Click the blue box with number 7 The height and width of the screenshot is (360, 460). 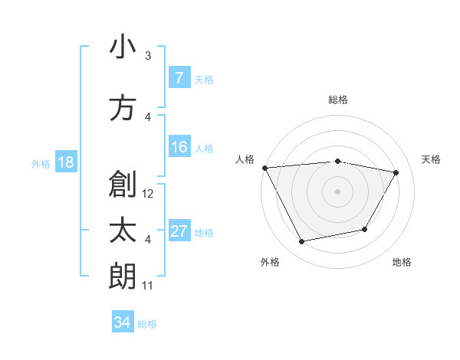tap(179, 78)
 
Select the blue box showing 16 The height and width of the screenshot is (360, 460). tap(179, 148)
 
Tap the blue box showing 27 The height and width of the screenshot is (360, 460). tap(179, 232)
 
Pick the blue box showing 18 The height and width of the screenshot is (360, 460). tap(65, 162)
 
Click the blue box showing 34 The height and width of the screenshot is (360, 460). tap(122, 322)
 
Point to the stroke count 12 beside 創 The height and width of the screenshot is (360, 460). tap(149, 194)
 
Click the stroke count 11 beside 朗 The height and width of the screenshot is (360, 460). tap(148, 286)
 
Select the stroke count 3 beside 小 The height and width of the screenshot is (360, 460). tap(148, 56)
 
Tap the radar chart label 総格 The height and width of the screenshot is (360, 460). tap(338, 100)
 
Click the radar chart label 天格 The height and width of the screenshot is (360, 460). tap(432, 159)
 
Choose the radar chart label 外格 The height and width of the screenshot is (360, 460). tap(270, 262)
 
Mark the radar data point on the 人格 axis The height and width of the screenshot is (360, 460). tap(264, 168)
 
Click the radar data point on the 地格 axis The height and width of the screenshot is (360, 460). tap(365, 229)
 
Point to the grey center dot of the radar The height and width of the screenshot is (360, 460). tap(338, 191)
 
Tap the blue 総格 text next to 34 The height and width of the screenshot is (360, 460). tap(147, 324)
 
